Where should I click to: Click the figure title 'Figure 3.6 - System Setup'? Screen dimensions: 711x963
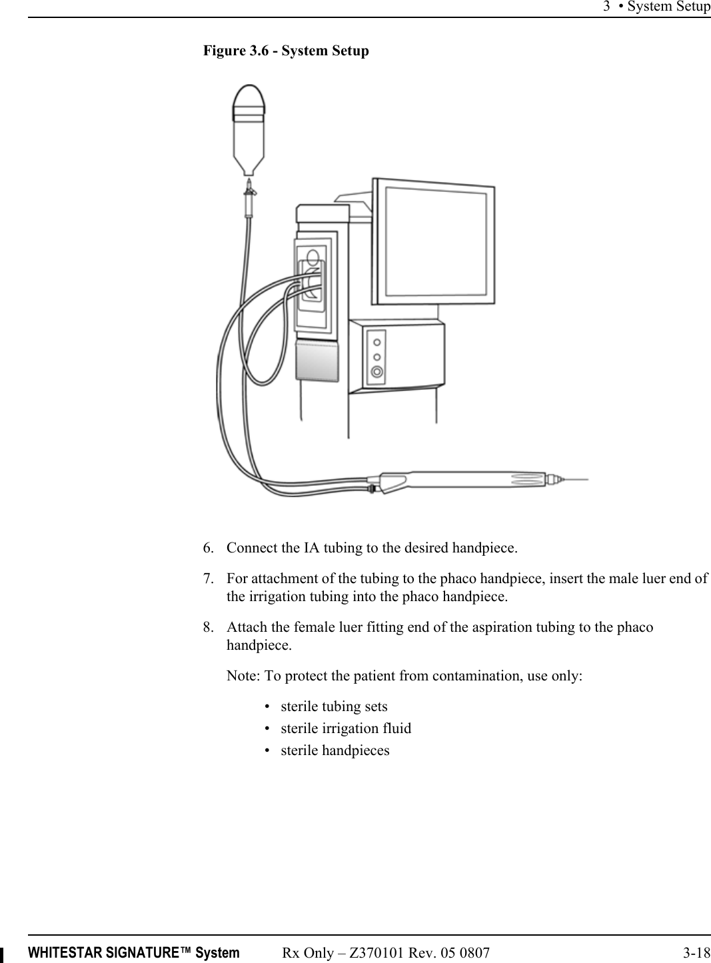(286, 51)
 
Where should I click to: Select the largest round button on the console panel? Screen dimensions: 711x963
(377, 372)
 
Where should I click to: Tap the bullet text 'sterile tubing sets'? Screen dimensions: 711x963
(334, 706)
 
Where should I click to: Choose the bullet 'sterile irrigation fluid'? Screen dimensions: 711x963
(346, 728)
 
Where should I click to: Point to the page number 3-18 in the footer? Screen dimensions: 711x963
(696, 953)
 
